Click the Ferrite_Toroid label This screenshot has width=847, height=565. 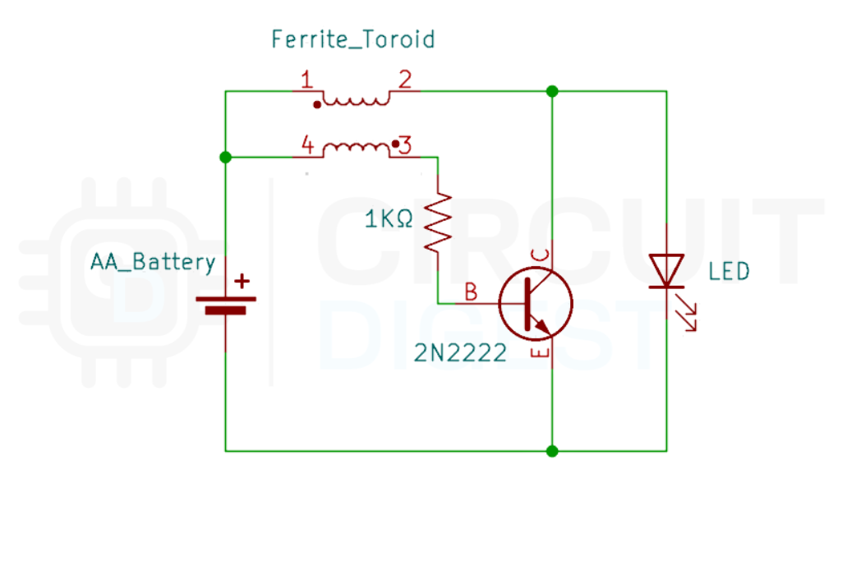pos(352,39)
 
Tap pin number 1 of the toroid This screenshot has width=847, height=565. pos(306,80)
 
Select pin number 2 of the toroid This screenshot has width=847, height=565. pos(405,80)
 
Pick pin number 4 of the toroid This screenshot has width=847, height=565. pos(306,146)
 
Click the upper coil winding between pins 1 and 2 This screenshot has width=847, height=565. pos(355,99)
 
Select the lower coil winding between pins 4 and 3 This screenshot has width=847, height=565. pos(355,149)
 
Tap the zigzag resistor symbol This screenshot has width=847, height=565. pos(438,222)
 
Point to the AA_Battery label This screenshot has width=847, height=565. pos(153,263)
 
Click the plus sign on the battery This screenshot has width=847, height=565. pos(242,281)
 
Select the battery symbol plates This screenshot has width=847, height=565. pos(225,305)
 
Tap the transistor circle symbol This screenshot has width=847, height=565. pos(536,303)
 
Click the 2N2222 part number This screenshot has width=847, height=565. pos(460,355)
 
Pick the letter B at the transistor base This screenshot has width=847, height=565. pos(471,292)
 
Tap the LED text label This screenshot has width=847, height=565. pos(729,271)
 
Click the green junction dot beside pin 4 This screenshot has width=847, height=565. pos(225,157)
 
